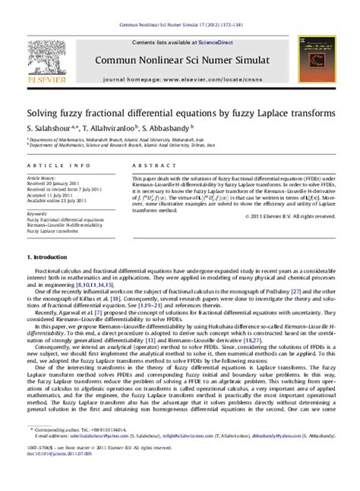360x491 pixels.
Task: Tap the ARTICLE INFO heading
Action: [x=51, y=165]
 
